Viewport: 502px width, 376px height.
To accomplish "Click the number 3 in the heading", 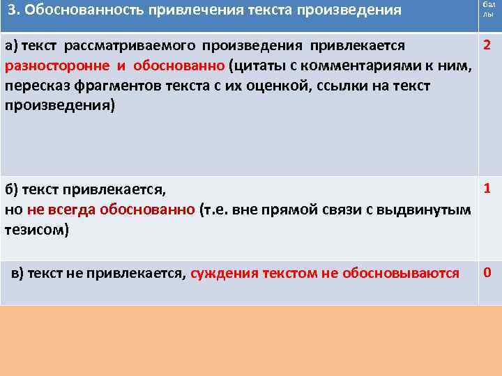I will (x=12, y=11).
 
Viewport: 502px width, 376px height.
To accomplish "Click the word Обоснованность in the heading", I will (x=78, y=11).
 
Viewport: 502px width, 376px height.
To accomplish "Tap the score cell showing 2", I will (x=487, y=47).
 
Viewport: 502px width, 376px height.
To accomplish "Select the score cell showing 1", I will (x=487, y=189).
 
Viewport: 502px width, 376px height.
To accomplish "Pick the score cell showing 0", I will (x=487, y=272).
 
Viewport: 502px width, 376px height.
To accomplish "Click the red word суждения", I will (x=224, y=273).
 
